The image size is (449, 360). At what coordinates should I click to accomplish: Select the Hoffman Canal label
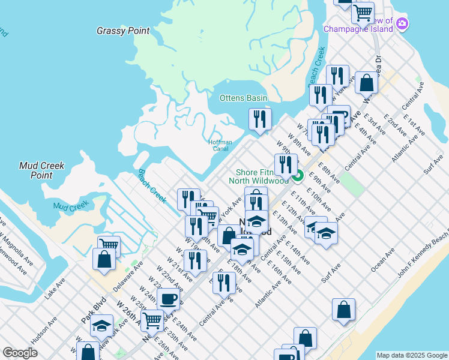click(220, 145)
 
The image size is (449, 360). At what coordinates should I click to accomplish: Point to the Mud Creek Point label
click(41, 170)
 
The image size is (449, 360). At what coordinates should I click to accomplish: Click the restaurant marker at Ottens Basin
click(260, 119)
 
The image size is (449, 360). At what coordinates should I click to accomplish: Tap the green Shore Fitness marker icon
click(298, 176)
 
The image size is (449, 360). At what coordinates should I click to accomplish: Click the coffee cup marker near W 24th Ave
click(168, 298)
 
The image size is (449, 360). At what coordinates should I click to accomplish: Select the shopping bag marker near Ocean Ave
click(343, 310)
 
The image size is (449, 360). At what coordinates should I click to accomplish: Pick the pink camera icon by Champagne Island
click(402, 24)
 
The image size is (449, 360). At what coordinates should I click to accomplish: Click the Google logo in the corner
click(20, 353)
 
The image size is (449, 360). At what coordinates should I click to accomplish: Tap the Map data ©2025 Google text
click(411, 355)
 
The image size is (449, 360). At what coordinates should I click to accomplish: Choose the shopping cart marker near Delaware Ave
click(109, 245)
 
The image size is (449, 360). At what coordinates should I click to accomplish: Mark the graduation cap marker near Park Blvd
click(102, 325)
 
